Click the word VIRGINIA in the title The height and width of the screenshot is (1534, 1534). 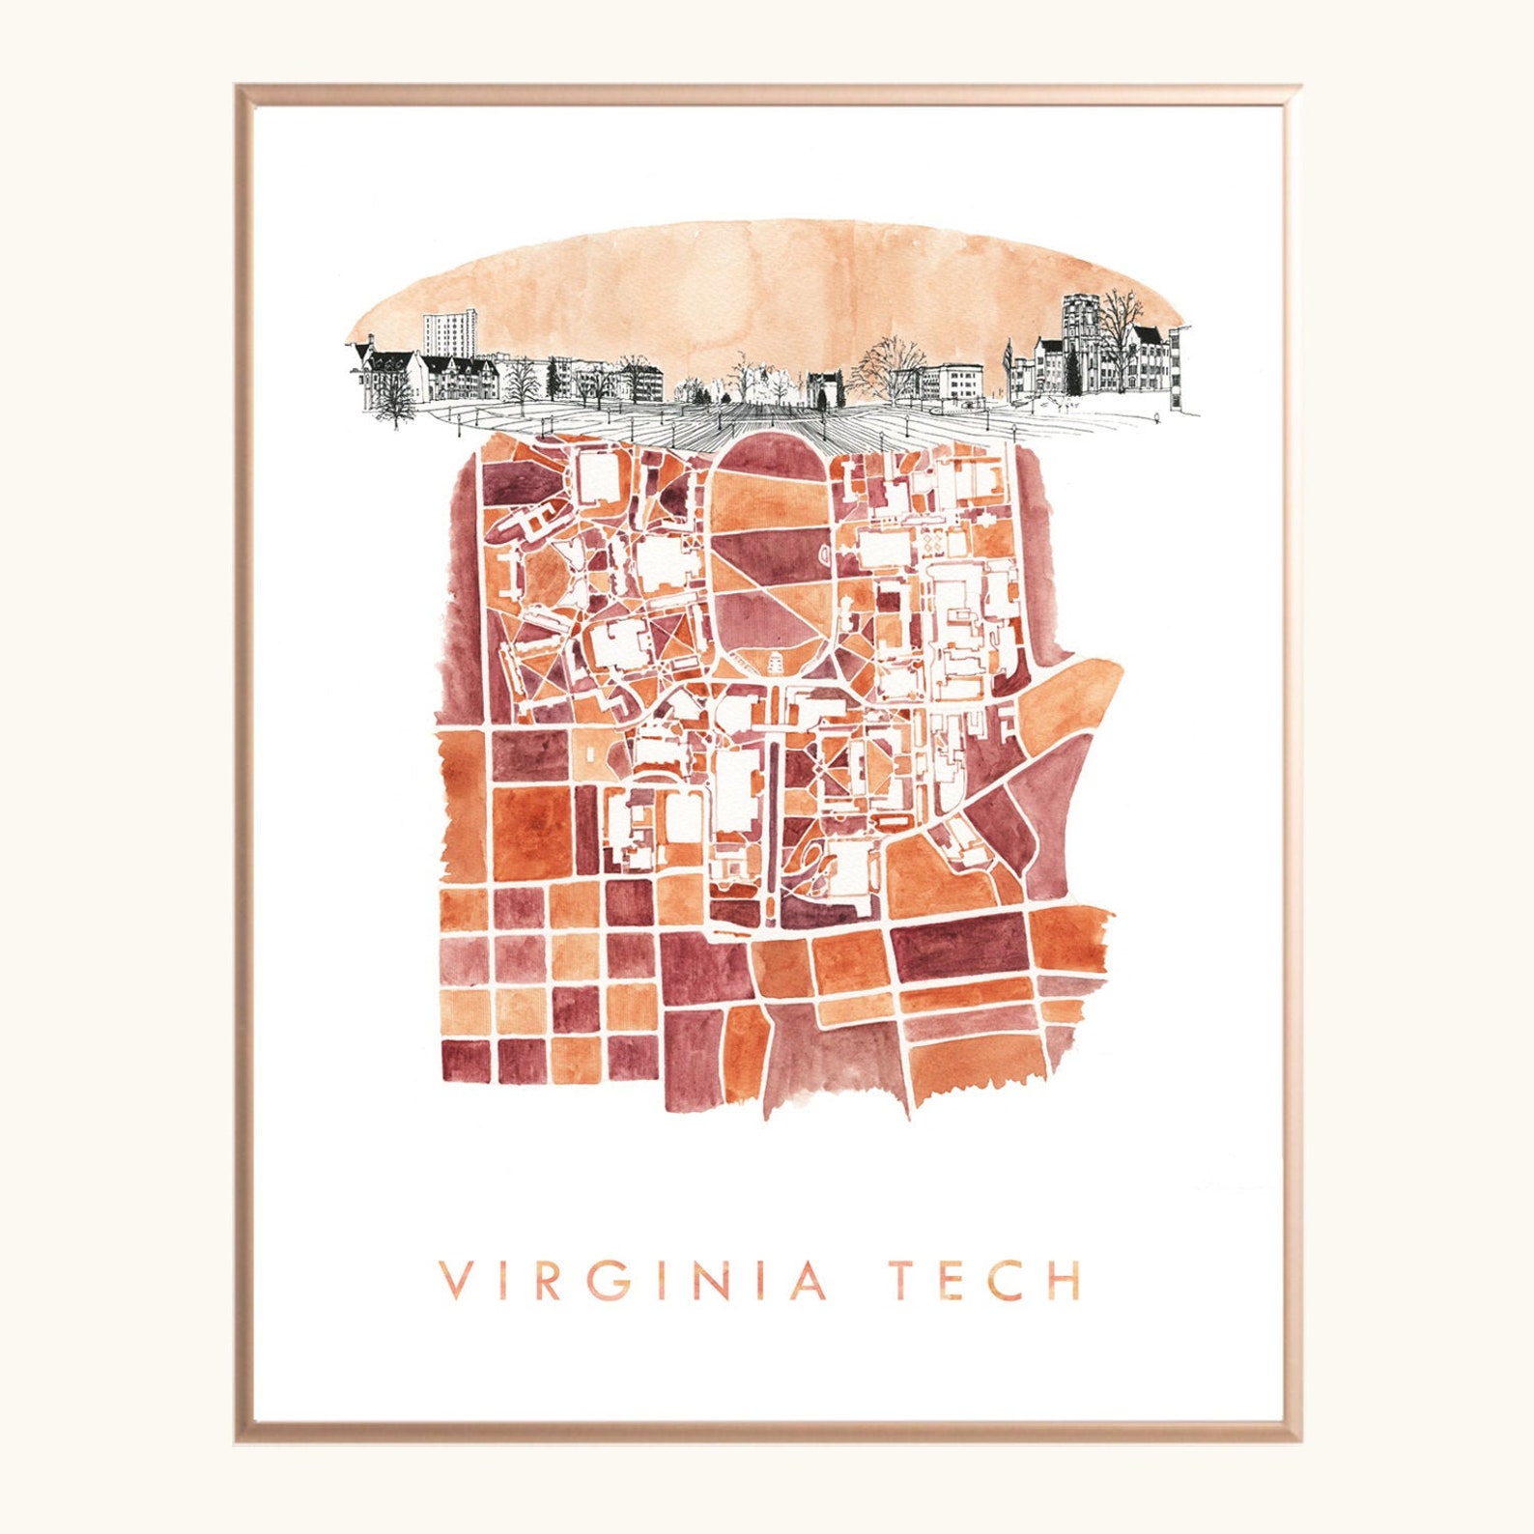(634, 1280)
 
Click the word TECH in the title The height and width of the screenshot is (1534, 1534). (984, 1280)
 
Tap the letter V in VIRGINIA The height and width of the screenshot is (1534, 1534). (455, 1280)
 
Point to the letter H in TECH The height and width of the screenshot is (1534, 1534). (1064, 1280)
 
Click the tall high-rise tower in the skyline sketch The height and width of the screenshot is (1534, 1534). (451, 333)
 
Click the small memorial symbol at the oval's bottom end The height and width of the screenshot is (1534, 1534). (773, 663)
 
